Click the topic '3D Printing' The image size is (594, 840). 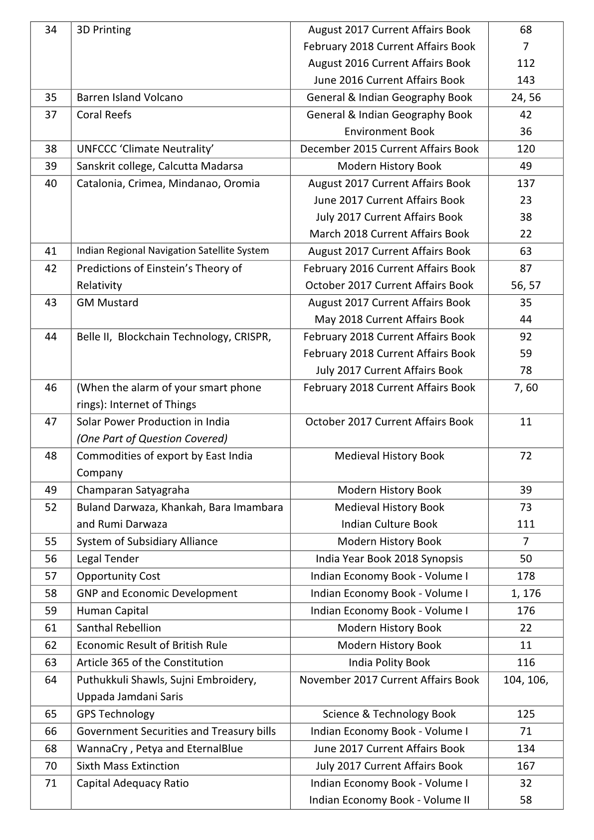tap(104, 30)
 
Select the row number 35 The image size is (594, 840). tap(51, 97)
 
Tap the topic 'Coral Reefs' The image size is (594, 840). tap(104, 115)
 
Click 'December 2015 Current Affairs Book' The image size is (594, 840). tap(389, 149)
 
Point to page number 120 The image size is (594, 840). tap(526, 149)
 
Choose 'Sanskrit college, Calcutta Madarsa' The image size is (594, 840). tap(160, 166)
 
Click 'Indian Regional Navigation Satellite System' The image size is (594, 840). tap(173, 251)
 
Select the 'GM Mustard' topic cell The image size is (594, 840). tap(108, 303)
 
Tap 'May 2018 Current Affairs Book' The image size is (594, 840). tap(389, 319)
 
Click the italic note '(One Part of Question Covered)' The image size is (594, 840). tap(152, 438)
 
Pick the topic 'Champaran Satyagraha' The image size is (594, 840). tap(133, 490)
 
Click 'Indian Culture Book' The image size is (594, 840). tap(389, 524)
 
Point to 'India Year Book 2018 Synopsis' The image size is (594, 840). tap(389, 559)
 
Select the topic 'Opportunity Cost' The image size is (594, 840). tap(119, 576)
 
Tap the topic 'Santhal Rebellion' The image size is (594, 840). tap(119, 628)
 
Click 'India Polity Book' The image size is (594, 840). tap(389, 662)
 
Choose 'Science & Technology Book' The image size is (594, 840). tap(389, 714)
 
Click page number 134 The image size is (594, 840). tap(526, 749)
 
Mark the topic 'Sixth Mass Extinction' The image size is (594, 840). tap(128, 766)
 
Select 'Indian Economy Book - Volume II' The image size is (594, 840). tap(389, 800)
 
